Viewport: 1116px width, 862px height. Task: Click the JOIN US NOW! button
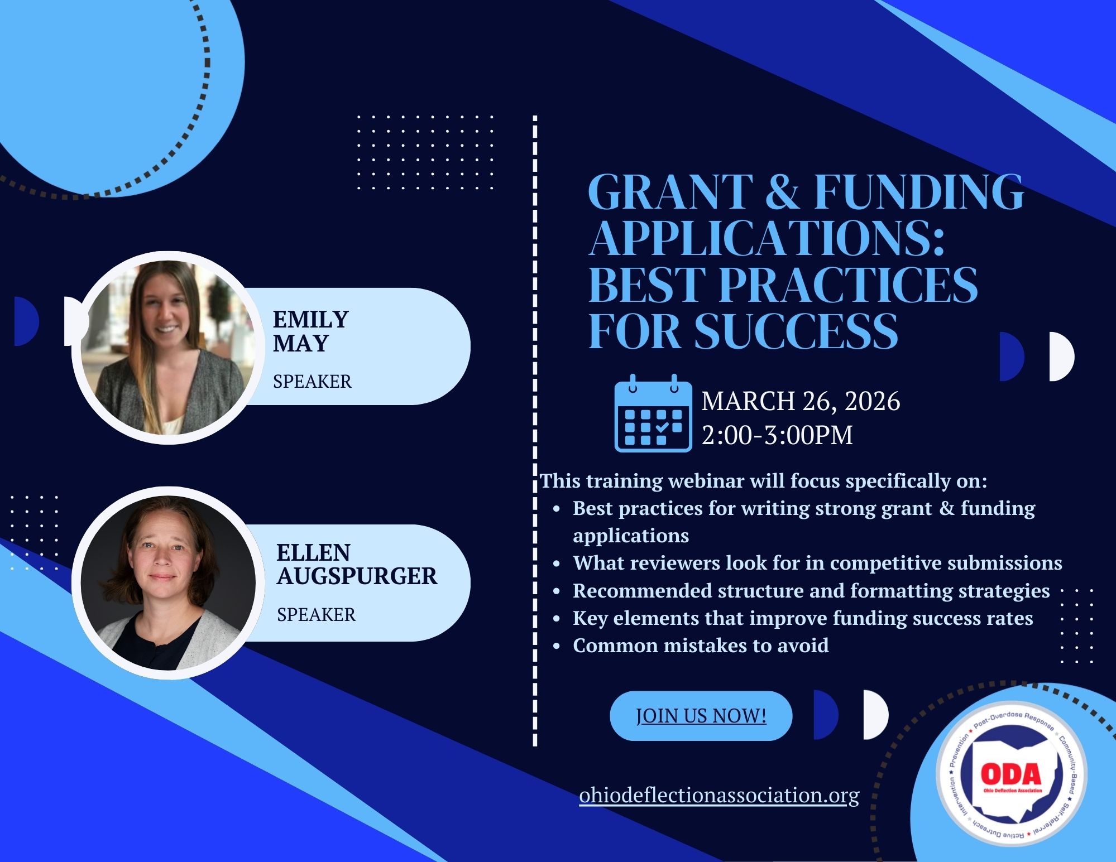point(701,716)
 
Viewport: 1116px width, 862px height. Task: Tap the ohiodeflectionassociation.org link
point(719,795)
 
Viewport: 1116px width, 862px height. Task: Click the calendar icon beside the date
point(653,412)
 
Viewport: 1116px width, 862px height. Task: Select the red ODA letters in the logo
point(1011,774)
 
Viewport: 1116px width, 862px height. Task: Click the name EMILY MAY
point(310,331)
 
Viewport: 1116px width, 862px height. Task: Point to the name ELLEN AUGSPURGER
point(357,564)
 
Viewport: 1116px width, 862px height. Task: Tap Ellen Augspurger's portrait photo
point(168,582)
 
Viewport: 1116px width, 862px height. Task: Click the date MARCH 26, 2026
point(801,401)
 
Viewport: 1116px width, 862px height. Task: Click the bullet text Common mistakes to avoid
point(701,646)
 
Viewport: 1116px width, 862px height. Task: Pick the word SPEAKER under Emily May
point(312,382)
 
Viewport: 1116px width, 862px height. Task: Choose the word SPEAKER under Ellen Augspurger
point(316,615)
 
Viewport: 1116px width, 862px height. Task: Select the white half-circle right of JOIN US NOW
point(875,715)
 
